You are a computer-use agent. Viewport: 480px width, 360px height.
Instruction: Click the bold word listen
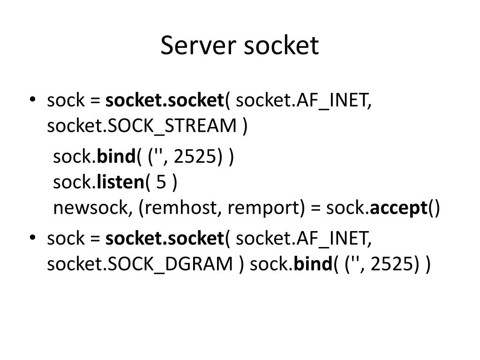(120, 182)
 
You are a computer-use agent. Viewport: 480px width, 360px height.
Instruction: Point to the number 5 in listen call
(161, 182)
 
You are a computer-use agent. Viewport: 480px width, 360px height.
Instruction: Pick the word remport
(262, 208)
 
